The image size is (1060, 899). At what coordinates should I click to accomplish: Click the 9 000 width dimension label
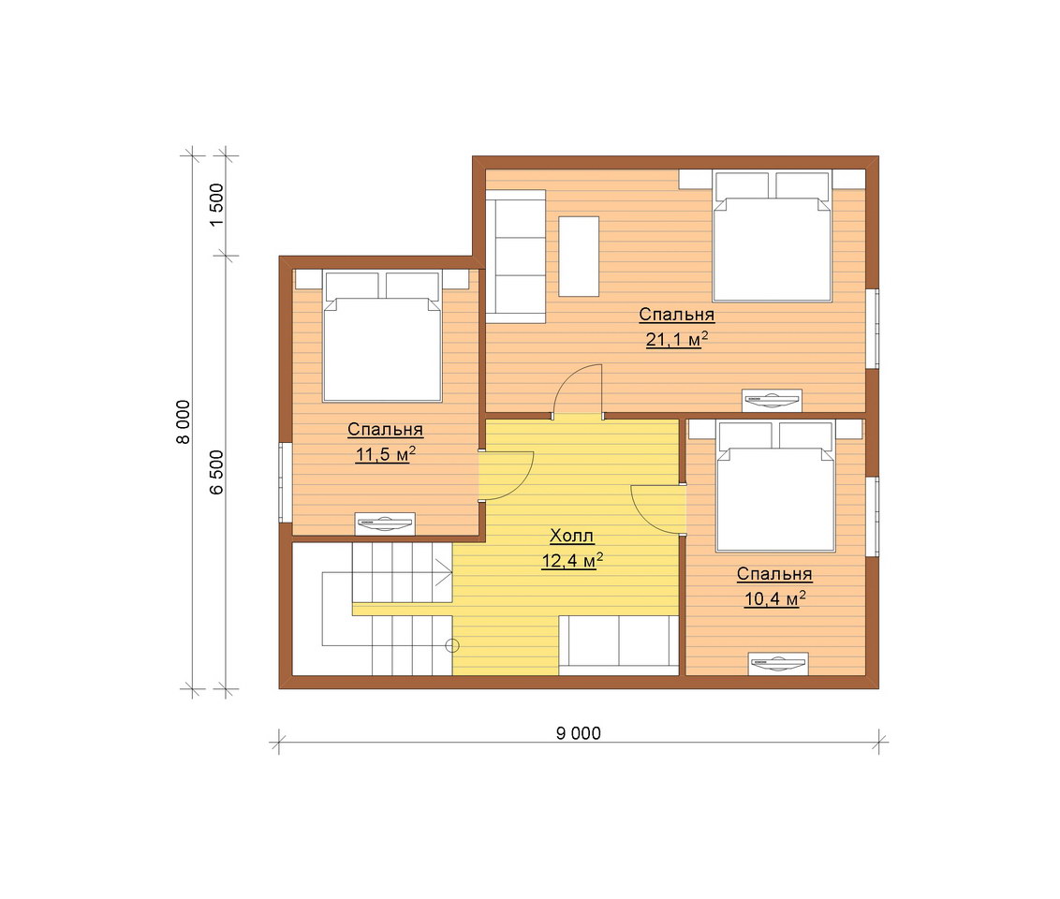click(578, 733)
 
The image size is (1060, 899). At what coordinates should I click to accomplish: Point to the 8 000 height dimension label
click(184, 421)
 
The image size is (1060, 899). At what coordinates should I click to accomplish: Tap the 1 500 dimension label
click(216, 205)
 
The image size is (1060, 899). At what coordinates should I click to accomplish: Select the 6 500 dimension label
click(216, 472)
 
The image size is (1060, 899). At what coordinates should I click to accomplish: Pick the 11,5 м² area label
click(386, 453)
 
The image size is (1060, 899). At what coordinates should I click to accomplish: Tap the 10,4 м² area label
click(774, 598)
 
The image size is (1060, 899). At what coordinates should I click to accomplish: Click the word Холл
click(572, 536)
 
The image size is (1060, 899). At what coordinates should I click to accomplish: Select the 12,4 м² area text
click(572, 560)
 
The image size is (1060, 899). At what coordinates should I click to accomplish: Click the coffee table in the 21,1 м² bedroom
click(579, 257)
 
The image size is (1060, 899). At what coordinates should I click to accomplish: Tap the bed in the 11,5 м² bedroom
click(383, 336)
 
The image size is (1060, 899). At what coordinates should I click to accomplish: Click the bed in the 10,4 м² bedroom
click(775, 486)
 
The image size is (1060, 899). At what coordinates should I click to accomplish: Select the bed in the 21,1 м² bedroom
click(772, 236)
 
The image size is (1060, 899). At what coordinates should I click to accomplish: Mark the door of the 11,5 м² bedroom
click(507, 475)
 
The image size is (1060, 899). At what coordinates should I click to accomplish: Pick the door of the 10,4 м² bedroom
click(657, 509)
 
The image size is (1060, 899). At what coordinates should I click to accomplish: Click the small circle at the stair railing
click(452, 645)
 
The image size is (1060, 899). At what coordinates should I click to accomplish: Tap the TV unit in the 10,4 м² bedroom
click(778, 663)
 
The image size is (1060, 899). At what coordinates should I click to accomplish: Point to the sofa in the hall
click(619, 645)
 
